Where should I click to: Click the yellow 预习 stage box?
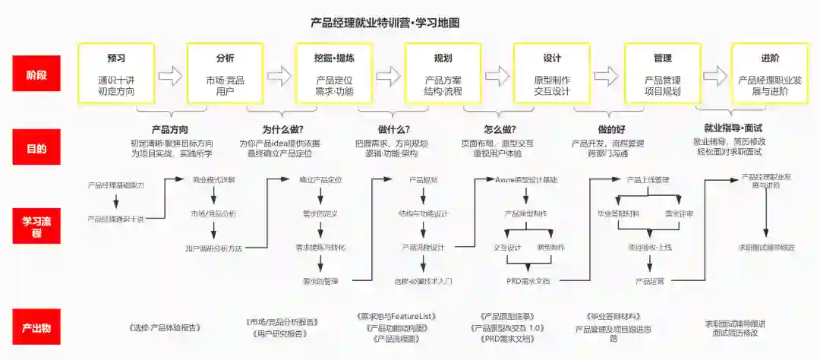pyautogui.click(x=116, y=73)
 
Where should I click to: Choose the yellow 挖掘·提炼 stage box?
pyautogui.click(x=334, y=73)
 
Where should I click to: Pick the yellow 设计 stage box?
pyautogui.click(x=552, y=73)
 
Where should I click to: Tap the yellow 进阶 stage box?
pyautogui.click(x=769, y=73)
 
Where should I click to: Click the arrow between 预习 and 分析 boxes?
pyautogui.click(x=171, y=75)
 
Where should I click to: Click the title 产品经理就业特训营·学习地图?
pyautogui.click(x=385, y=23)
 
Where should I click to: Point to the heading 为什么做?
pyautogui.click(x=282, y=129)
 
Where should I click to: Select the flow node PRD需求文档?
pyautogui.click(x=528, y=281)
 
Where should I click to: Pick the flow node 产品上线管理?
pyautogui.click(x=648, y=180)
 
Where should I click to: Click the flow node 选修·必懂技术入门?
pyautogui.click(x=423, y=281)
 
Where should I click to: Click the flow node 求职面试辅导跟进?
pyautogui.click(x=766, y=248)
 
